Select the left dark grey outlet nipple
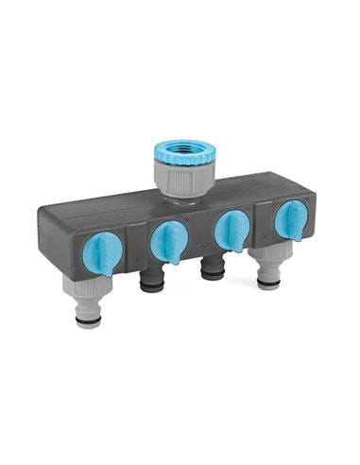152,280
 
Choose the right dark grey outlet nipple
212,268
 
